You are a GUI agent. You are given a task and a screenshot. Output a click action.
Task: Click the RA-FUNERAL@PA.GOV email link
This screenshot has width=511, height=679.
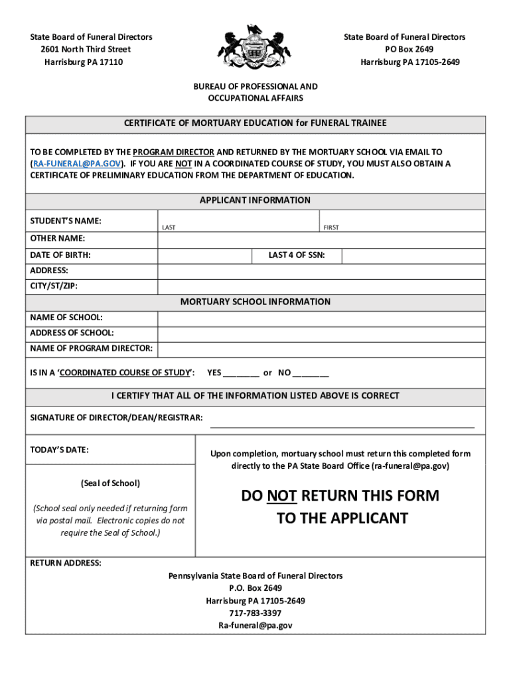[78, 163]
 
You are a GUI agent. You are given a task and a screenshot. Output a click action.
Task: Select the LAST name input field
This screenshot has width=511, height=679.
[238, 221]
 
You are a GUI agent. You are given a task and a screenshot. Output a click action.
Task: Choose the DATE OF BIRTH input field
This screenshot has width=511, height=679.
[204, 255]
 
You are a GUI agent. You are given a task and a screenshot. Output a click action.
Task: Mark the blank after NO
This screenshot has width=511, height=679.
[311, 373]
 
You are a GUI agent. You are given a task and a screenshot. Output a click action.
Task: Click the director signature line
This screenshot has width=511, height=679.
[342, 423]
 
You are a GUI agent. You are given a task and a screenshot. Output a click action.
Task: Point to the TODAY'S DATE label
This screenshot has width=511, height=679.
[59, 450]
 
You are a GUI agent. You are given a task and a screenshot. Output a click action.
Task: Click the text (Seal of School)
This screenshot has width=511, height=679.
[110, 483]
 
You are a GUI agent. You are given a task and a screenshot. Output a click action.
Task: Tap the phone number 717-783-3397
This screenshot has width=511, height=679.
[256, 613]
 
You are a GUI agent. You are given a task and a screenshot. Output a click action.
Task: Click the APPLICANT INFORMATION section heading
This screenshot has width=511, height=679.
[255, 200]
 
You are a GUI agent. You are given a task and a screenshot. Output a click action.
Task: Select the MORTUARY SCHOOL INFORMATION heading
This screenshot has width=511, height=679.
[255, 302]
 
